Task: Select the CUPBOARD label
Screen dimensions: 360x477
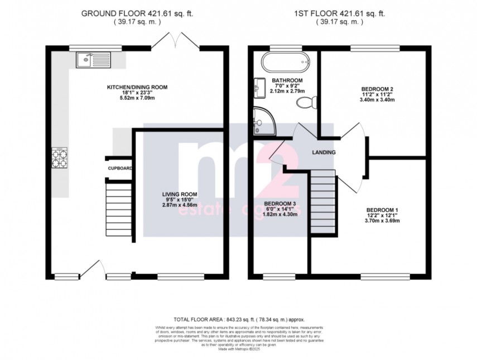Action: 120,168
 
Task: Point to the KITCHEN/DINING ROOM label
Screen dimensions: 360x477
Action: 137,88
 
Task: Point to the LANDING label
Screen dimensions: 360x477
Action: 324,152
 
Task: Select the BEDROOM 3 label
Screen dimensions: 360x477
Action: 280,203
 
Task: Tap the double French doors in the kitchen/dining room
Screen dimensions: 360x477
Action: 175,41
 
